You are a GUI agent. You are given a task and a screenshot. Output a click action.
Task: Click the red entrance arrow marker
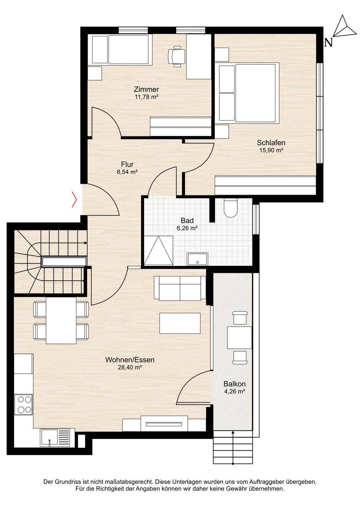pyautogui.click(x=75, y=199)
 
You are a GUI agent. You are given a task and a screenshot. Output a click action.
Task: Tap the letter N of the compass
pyautogui.click(x=329, y=42)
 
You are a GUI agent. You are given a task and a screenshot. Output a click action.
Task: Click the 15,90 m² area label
pyautogui.click(x=271, y=150)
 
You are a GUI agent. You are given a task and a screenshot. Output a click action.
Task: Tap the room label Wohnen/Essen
pyautogui.click(x=130, y=360)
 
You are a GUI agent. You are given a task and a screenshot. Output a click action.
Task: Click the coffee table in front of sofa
pyautogui.click(x=180, y=323)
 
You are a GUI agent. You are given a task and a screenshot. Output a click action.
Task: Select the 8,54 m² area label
pyautogui.click(x=127, y=172)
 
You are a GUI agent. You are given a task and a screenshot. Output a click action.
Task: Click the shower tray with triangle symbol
pyautogui.click(x=158, y=250)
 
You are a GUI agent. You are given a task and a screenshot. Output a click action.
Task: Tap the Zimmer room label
pyautogui.click(x=146, y=89)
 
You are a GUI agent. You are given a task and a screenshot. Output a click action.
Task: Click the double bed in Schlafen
pyautogui.click(x=249, y=93)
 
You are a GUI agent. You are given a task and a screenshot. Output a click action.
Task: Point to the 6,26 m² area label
pyautogui.click(x=187, y=228)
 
